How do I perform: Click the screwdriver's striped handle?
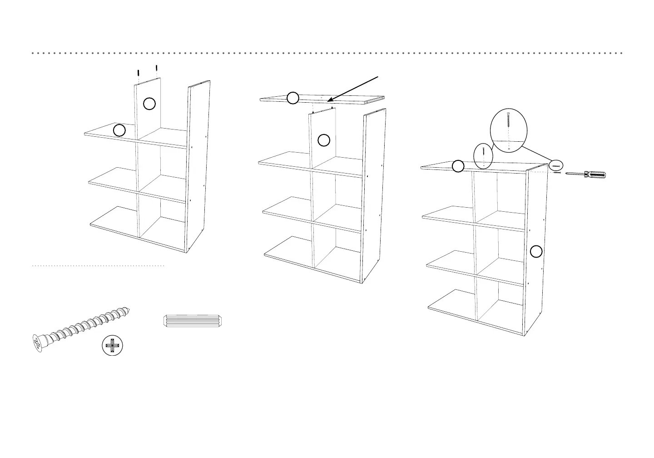[x=595, y=175]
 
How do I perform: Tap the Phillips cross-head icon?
[x=112, y=346]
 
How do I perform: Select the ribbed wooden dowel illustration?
[x=193, y=320]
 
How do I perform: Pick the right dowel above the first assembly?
[x=156, y=69]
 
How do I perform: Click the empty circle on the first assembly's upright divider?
[x=149, y=104]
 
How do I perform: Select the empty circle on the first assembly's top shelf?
[x=119, y=130]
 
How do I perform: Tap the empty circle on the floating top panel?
[x=293, y=98]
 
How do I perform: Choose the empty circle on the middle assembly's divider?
[x=324, y=140]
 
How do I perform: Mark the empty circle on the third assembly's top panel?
[x=458, y=166]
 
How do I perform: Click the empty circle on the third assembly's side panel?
[x=536, y=251]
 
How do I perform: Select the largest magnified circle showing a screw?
[x=509, y=130]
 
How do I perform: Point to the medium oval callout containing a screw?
[x=483, y=156]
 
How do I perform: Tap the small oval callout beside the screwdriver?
[x=556, y=166]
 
